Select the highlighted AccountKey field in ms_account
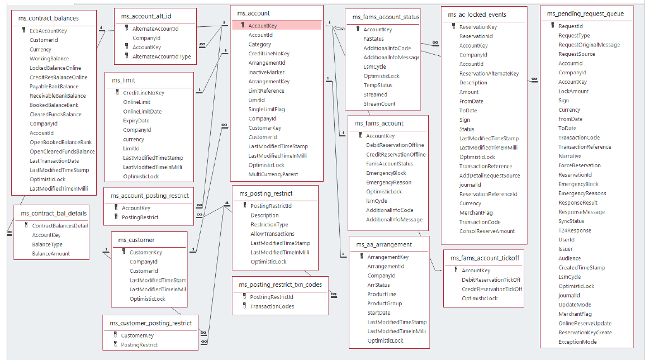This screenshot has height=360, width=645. [262, 26]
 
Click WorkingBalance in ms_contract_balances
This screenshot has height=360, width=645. [49, 59]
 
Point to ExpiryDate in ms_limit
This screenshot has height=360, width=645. [136, 121]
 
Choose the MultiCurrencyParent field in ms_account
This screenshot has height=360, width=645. [274, 174]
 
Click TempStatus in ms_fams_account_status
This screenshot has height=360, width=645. [377, 86]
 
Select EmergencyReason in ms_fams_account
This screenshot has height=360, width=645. [388, 182]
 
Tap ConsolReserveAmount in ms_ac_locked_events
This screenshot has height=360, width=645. [487, 231]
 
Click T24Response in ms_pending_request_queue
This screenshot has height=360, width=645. [574, 230]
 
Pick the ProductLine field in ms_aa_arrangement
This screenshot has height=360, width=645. [381, 294]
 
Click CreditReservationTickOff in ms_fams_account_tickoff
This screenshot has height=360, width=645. [491, 289]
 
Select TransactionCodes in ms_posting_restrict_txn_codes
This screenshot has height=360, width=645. [272, 306]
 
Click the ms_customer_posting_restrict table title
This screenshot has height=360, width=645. [150, 323]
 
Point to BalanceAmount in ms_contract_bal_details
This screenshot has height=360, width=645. [51, 254]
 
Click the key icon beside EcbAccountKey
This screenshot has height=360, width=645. [23, 31]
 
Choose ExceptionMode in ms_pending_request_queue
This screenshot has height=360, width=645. [577, 342]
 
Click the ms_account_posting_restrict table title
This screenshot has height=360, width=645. [149, 196]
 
